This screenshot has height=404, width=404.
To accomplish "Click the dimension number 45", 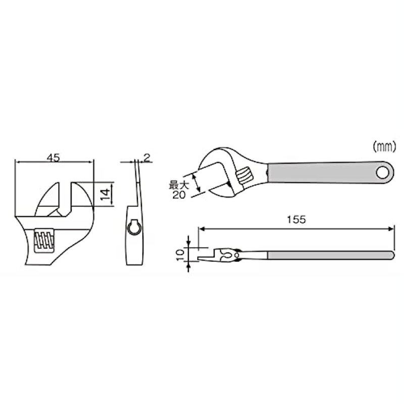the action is pyautogui.click(x=53, y=158).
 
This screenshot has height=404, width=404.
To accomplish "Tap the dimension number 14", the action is pyautogui.click(x=105, y=194).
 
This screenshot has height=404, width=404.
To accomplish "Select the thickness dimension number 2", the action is pyautogui.click(x=147, y=158).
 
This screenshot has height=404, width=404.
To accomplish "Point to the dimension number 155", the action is pyautogui.click(x=296, y=220).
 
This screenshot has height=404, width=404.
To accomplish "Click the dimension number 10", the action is pyautogui.click(x=180, y=255).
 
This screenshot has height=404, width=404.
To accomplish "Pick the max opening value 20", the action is pyautogui.click(x=179, y=195).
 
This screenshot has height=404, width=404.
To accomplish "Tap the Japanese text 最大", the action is pyautogui.click(x=179, y=185).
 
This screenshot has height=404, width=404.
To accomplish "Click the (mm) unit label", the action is pyautogui.click(x=384, y=147).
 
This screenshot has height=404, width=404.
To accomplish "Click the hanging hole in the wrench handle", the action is pyautogui.click(x=382, y=173).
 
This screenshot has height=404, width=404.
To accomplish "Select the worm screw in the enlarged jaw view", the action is pyautogui.click(x=44, y=240).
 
